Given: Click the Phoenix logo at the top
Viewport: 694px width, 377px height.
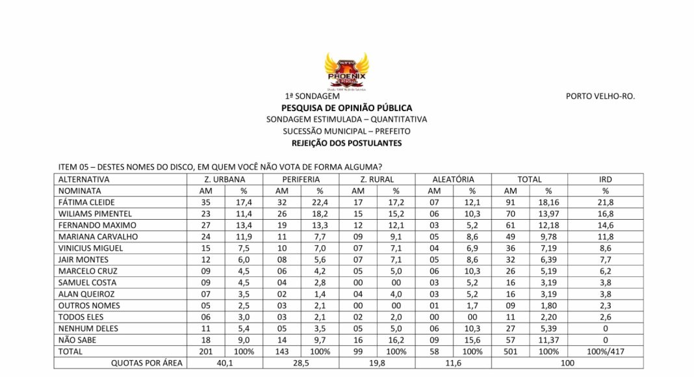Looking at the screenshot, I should tap(346, 71).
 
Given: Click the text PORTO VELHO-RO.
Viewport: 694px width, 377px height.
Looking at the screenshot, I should tap(600, 96).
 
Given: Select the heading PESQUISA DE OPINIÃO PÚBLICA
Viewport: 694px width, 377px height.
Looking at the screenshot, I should tap(346, 108).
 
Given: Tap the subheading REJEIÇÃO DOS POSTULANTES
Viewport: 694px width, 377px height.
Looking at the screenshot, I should tap(346, 143).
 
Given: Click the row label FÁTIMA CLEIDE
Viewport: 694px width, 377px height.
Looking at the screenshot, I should tap(86, 203).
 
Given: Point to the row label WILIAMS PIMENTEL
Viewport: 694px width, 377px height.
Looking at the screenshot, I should tap(95, 214).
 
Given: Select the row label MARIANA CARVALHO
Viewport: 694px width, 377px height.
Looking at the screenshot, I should tap(97, 237).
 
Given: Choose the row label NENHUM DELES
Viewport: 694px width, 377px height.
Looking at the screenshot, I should tap(88, 329).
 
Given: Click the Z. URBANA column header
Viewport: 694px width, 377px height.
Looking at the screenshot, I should tap(225, 179).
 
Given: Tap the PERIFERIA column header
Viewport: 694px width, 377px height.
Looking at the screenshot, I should tap(301, 179).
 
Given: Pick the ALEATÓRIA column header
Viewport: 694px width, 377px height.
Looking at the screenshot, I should tap(453, 179).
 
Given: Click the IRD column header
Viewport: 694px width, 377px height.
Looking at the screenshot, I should tap(606, 179).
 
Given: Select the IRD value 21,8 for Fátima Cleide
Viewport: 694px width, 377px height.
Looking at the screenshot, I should tap(606, 203).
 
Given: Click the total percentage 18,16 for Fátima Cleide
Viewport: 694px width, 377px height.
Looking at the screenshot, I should tap(548, 203).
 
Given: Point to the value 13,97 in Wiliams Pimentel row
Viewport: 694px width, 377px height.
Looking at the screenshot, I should tap(548, 214).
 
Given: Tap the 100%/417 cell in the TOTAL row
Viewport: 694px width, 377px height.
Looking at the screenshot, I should tap(606, 352).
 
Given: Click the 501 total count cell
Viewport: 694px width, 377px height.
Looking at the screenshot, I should tap(510, 352).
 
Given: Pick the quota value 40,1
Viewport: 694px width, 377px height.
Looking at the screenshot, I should tap(225, 363).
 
